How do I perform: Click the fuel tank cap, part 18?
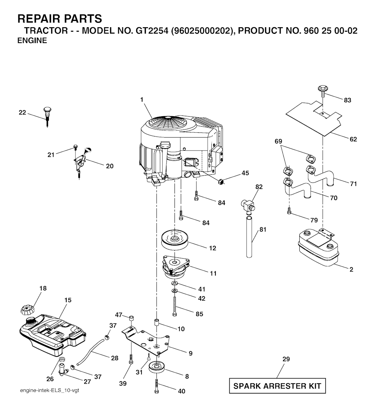point(27,309)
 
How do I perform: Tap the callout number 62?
point(353,139)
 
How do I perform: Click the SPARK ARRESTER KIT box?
point(277,386)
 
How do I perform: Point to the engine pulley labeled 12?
point(174,240)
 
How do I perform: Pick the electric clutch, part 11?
point(176,267)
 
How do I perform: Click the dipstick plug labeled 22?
point(47,117)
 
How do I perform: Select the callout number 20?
point(110,166)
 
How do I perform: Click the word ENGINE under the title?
point(32,40)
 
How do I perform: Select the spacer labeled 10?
point(156,322)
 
